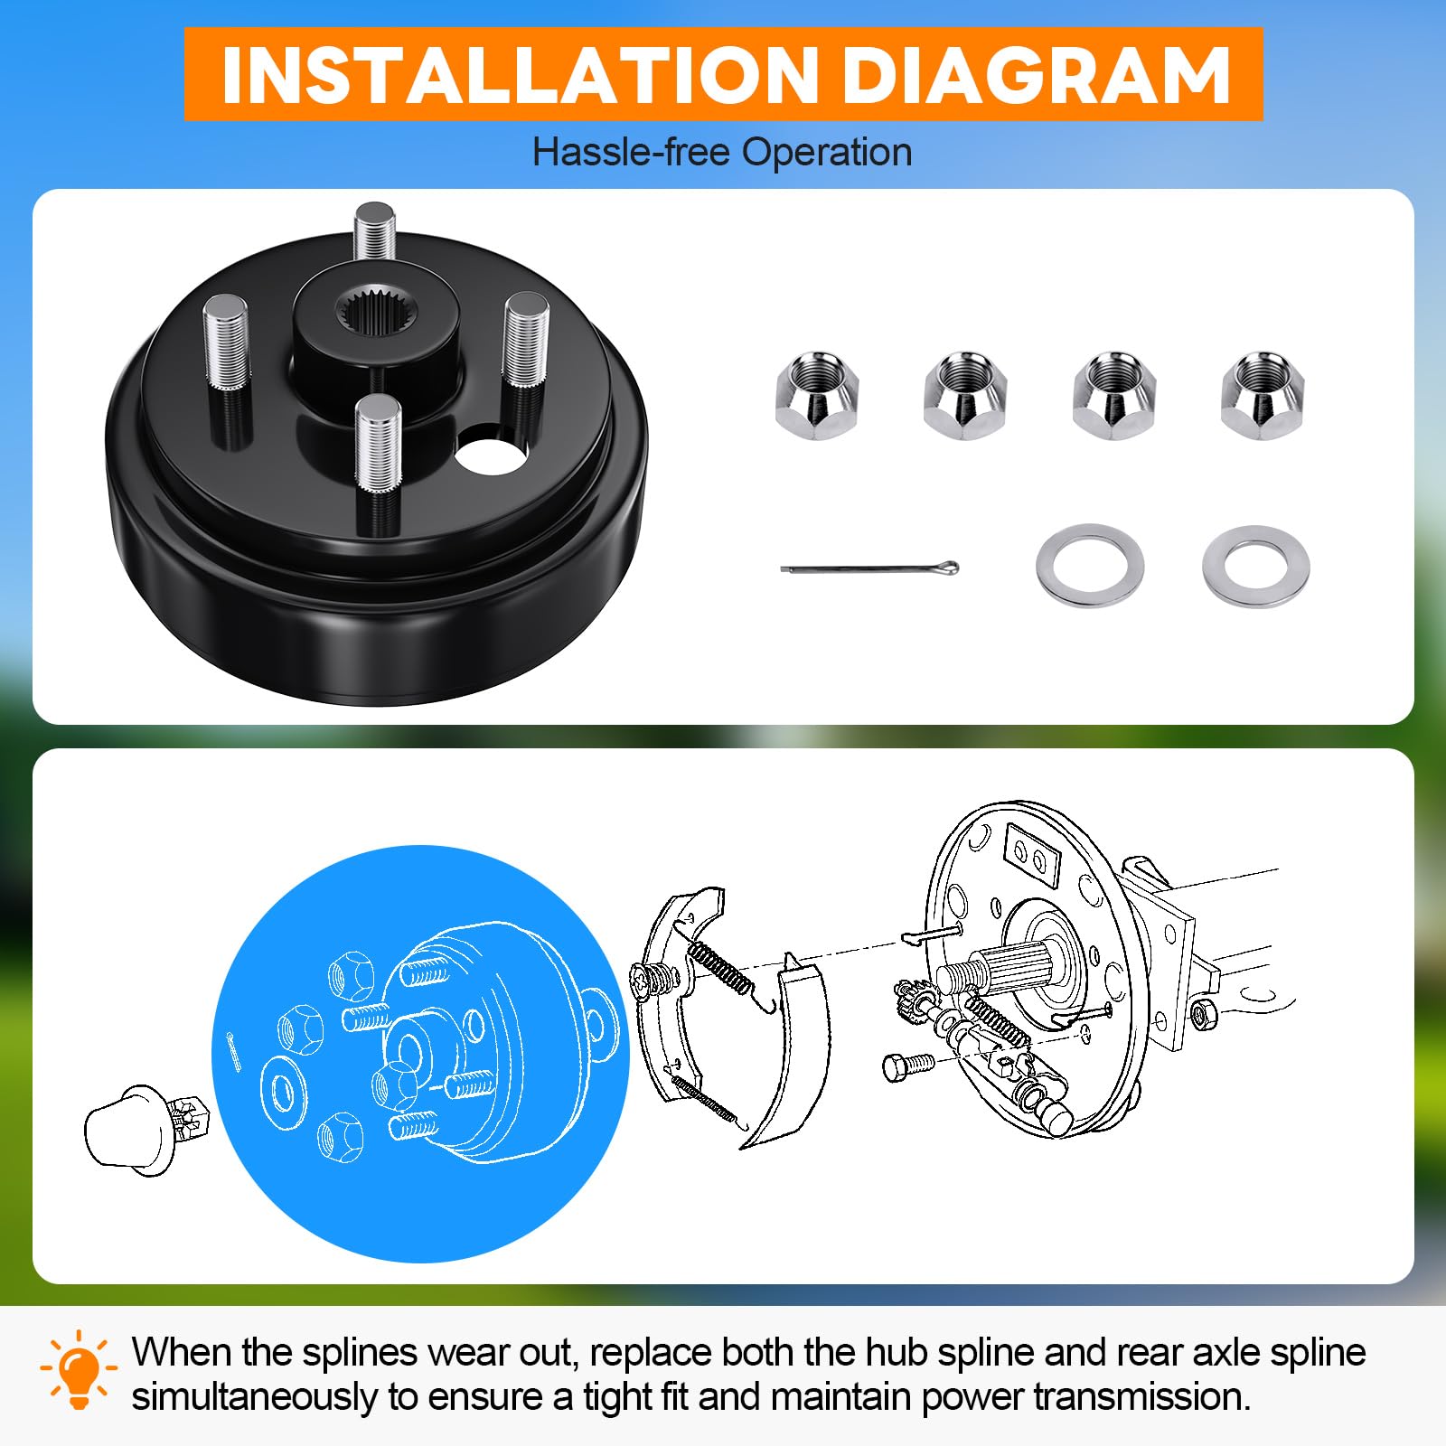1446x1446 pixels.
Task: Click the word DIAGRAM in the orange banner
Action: [1036, 74]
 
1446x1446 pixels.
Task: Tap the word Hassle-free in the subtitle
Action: [631, 152]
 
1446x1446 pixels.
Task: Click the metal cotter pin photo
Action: [869, 568]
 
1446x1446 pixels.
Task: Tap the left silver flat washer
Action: [1090, 566]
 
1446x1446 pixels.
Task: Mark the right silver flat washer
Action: [1256, 566]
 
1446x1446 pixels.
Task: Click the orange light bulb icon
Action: [80, 1368]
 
